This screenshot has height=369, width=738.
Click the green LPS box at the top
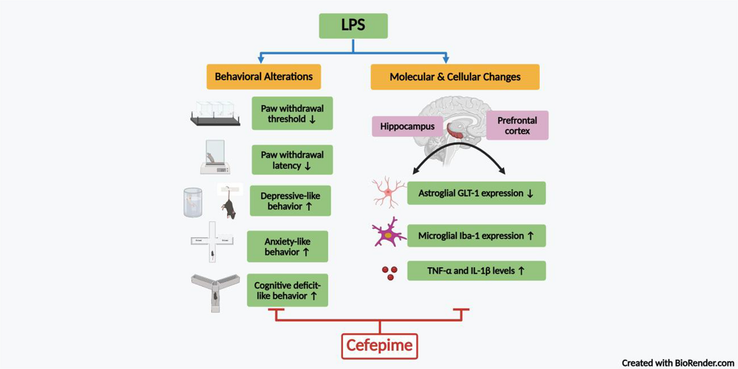tap(353, 26)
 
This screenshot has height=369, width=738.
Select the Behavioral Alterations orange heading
tap(264, 77)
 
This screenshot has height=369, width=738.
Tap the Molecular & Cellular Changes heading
tap(455, 77)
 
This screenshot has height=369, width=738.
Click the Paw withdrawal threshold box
tap(292, 113)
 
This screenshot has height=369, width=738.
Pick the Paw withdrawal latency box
tap(292, 160)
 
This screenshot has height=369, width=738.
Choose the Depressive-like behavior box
tap(290, 201)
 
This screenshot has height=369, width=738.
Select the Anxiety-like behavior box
tap(287, 246)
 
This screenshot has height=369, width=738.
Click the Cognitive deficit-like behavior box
tap(287, 290)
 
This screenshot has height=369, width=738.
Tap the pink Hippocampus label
tap(407, 127)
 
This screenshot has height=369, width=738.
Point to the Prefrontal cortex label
tap(517, 125)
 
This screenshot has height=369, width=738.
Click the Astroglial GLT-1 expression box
tap(476, 193)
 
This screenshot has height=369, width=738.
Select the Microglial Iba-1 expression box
tap(476, 236)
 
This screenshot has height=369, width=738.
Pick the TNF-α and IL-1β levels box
tap(476, 271)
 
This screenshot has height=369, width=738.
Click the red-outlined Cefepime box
tap(379, 346)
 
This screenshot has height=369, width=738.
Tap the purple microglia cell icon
tap(388, 233)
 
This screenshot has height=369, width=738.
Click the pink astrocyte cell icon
tap(388, 192)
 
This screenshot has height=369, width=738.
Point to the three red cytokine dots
tap(390, 273)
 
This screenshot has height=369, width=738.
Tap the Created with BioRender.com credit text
tap(678, 363)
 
